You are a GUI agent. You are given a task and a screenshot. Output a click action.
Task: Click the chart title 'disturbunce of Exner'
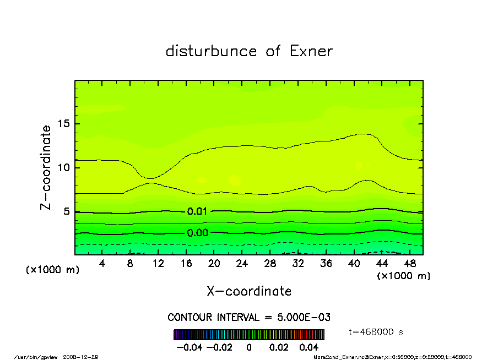[x=249, y=52]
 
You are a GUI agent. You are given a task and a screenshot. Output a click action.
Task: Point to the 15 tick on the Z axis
[x=64, y=123]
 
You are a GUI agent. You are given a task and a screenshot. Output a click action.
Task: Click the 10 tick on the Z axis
[x=64, y=167]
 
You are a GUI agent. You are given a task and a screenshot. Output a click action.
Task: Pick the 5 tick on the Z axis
[x=67, y=211]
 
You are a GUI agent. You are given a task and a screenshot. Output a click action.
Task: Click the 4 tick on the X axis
[x=102, y=264]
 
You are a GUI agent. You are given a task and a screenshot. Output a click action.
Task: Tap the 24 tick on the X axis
[x=242, y=264]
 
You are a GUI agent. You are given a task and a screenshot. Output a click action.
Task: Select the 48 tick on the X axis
[x=409, y=264]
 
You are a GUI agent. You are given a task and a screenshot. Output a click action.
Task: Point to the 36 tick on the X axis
[x=326, y=264]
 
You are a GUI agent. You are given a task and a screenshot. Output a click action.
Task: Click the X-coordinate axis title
[x=249, y=291]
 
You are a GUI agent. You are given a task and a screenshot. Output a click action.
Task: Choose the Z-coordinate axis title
[x=46, y=167]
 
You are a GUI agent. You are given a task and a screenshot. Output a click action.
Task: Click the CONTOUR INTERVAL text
[x=249, y=318]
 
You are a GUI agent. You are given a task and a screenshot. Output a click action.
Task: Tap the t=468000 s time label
[x=377, y=332]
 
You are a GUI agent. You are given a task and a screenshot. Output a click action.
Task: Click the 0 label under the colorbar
[x=249, y=347]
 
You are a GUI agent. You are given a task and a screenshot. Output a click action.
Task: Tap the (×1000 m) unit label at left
[x=51, y=271]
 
